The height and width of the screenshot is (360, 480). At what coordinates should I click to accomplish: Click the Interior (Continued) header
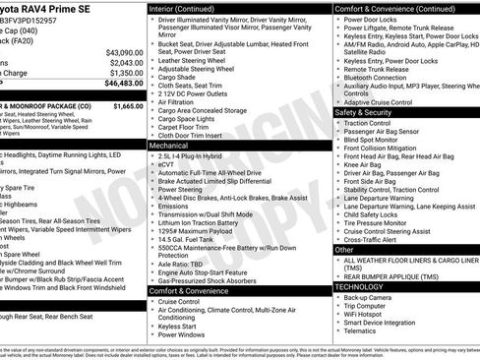tap(181, 8)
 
